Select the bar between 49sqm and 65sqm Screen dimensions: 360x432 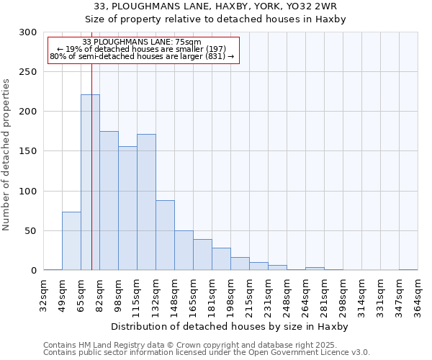(71, 241)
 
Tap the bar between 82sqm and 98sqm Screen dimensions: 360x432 (109, 201)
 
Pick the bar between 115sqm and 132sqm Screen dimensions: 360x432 (146, 202)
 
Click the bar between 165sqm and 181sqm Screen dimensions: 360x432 (202, 255)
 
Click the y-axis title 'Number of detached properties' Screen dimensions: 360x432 (6, 155)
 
